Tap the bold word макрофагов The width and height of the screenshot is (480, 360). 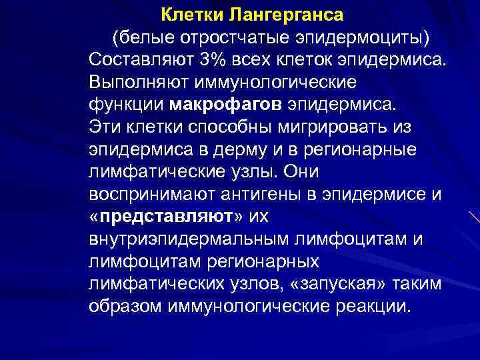coord(227,105)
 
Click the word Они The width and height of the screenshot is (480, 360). coord(301,171)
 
